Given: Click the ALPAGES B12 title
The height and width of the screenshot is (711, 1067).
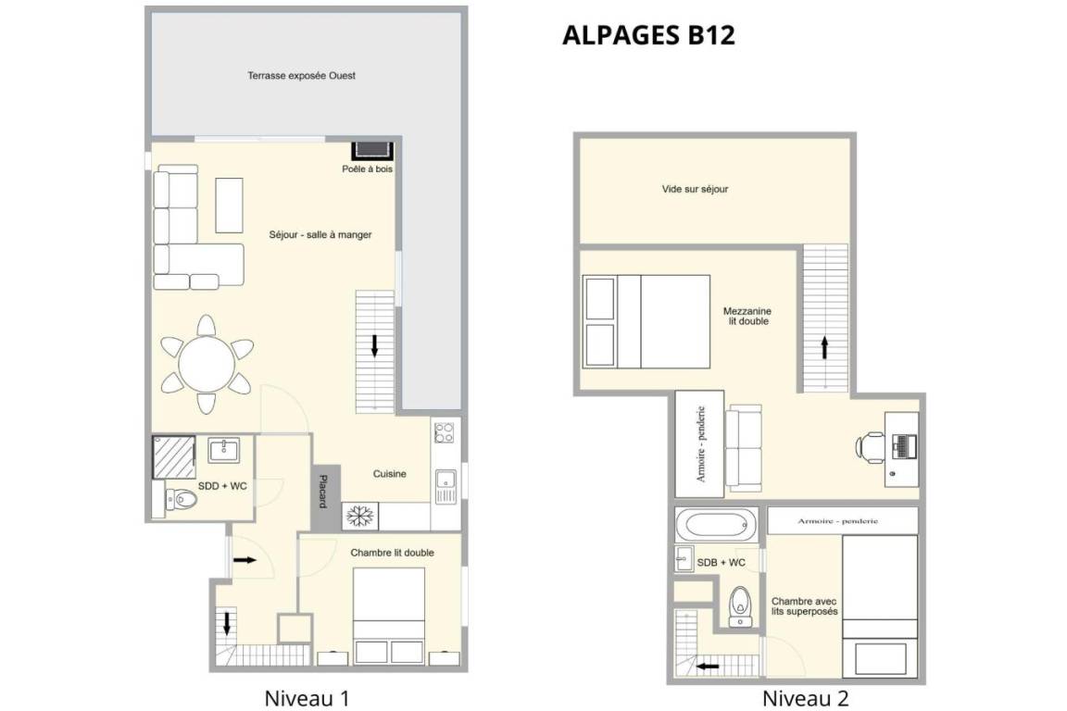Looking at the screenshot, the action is point(648,35).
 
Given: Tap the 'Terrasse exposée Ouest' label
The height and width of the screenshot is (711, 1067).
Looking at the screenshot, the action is point(301,76).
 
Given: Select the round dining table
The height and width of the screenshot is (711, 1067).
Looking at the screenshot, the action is point(207,364).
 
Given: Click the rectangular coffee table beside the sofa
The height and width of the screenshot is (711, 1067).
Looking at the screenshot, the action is point(230,206).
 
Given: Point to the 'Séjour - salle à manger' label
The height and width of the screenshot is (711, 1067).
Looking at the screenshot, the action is point(320,235).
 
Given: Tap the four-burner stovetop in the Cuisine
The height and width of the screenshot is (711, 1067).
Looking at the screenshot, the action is point(445,432).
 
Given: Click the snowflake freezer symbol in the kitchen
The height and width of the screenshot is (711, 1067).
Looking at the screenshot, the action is point(360,517).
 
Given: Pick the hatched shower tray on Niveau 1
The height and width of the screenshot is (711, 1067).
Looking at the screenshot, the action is point(173,457).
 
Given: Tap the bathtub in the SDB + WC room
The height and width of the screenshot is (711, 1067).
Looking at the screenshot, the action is point(717,525).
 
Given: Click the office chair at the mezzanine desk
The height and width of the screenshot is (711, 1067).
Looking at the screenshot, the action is point(869,446).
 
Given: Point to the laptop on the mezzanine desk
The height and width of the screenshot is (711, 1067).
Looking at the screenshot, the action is point(904,446).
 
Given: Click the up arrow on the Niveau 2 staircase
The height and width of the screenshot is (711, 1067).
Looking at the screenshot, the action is point(824,348).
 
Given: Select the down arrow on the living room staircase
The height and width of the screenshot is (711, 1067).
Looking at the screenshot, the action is point(374,345).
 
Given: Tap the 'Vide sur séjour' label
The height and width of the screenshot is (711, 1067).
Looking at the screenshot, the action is point(695,189).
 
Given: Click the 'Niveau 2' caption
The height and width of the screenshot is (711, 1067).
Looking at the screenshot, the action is point(805,698).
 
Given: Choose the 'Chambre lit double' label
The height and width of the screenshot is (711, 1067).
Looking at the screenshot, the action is point(392,553).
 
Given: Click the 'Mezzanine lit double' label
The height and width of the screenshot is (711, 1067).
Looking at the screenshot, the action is point(747,317).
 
